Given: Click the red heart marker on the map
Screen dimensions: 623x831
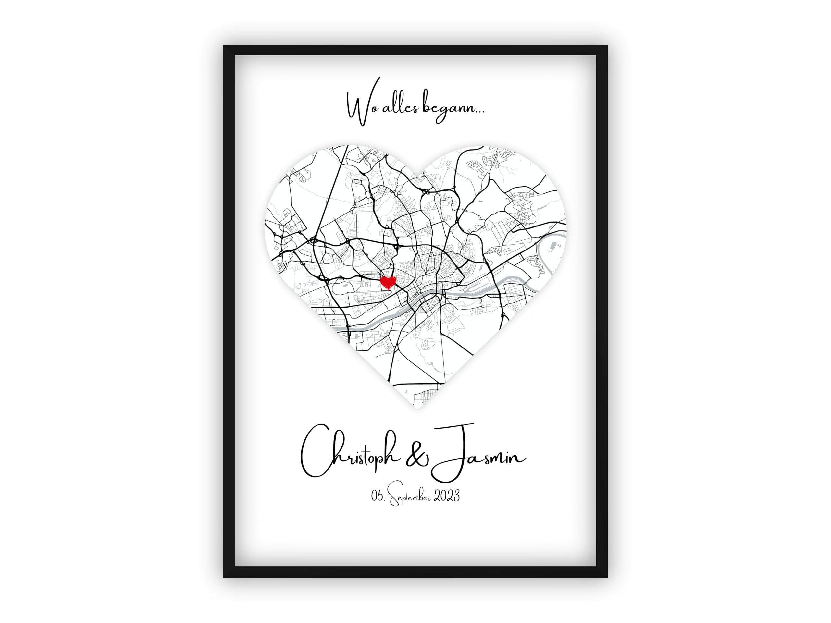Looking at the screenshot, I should click(x=388, y=282).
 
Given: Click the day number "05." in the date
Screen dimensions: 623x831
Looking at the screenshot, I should click(x=378, y=496).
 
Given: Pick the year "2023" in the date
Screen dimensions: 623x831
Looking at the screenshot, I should click(x=447, y=496).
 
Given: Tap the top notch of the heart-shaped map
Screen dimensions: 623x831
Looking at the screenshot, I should click(x=416, y=175).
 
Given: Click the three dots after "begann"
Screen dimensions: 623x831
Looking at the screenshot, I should click(x=479, y=112).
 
